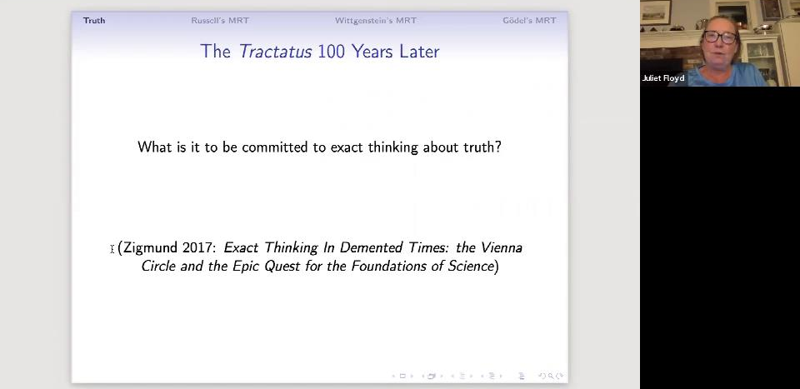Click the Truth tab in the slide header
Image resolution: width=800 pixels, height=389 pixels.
(94, 20)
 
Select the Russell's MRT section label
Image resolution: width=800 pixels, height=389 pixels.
(220, 20)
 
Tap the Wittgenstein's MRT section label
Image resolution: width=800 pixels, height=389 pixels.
(376, 20)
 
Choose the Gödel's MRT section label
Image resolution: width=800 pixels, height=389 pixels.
(529, 20)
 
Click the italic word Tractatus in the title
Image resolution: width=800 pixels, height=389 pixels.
(275, 52)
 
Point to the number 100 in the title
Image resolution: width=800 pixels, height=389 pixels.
(331, 52)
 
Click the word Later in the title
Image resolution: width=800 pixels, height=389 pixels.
(419, 52)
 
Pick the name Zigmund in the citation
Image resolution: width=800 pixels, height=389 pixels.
(151, 248)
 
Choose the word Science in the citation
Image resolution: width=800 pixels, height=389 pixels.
(471, 266)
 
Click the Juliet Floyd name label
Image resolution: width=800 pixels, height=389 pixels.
(663, 78)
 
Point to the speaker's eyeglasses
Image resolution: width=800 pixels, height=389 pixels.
(720, 37)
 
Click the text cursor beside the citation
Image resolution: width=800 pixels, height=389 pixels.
(112, 249)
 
